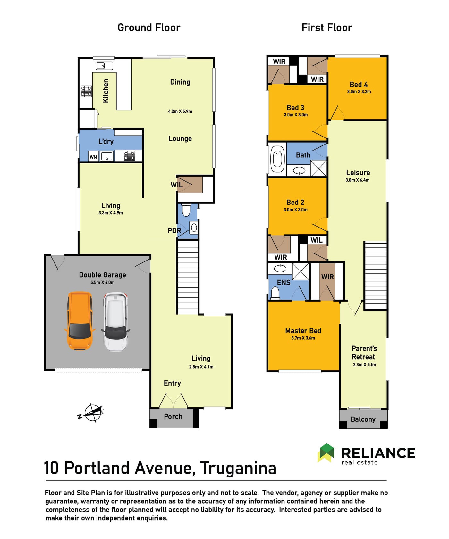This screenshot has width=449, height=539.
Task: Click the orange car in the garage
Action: point(80,320)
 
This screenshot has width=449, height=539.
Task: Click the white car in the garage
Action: point(115,322)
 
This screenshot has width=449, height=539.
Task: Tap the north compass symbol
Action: point(91,413)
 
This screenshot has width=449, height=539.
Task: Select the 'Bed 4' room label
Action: point(359,85)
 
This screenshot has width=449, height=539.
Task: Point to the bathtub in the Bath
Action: point(277,159)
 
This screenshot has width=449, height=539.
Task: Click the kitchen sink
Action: point(104,66)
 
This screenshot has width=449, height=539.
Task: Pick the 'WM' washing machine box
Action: point(93,157)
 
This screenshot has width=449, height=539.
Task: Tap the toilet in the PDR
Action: point(186,210)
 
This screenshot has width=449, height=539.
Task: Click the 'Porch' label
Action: point(173,417)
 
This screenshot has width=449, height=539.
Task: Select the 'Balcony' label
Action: point(363,419)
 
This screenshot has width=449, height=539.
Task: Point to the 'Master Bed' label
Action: point(303,331)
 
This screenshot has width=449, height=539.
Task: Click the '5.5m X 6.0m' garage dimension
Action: point(102,282)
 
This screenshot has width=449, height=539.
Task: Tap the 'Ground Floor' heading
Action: point(149,28)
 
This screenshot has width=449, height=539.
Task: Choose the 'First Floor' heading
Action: point(327,28)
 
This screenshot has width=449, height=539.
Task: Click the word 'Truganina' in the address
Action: point(238,468)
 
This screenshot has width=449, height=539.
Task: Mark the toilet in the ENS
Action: point(275,293)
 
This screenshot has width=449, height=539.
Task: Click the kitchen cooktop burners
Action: point(86,91)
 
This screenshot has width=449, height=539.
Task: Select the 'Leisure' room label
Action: point(358,173)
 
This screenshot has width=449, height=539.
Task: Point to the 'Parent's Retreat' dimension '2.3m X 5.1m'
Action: point(364,365)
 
